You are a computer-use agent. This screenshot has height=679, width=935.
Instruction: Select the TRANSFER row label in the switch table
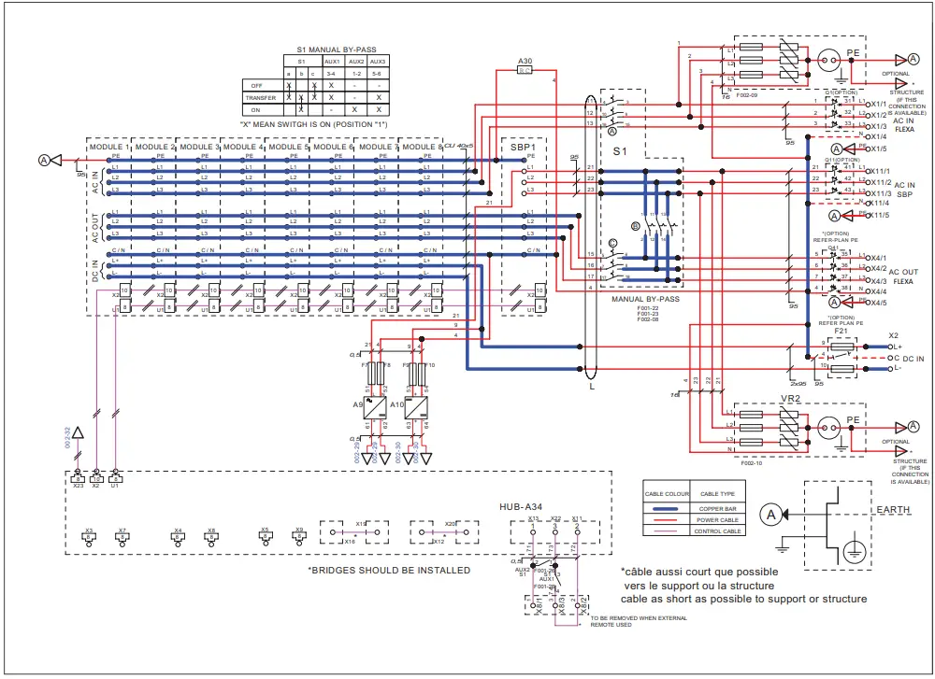261,97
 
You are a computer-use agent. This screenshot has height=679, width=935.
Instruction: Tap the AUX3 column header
378,61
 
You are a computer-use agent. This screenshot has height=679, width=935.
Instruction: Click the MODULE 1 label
108,147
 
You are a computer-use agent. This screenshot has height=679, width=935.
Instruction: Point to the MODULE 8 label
421,147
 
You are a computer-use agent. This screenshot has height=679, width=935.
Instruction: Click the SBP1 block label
523,148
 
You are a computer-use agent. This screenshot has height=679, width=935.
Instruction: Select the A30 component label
525,60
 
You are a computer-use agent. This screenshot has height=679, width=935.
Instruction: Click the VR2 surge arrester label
791,398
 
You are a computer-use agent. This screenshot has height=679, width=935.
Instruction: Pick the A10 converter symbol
417,406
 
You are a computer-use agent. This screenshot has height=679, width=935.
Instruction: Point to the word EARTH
892,509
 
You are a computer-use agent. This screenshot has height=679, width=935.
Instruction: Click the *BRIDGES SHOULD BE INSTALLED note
389,571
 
